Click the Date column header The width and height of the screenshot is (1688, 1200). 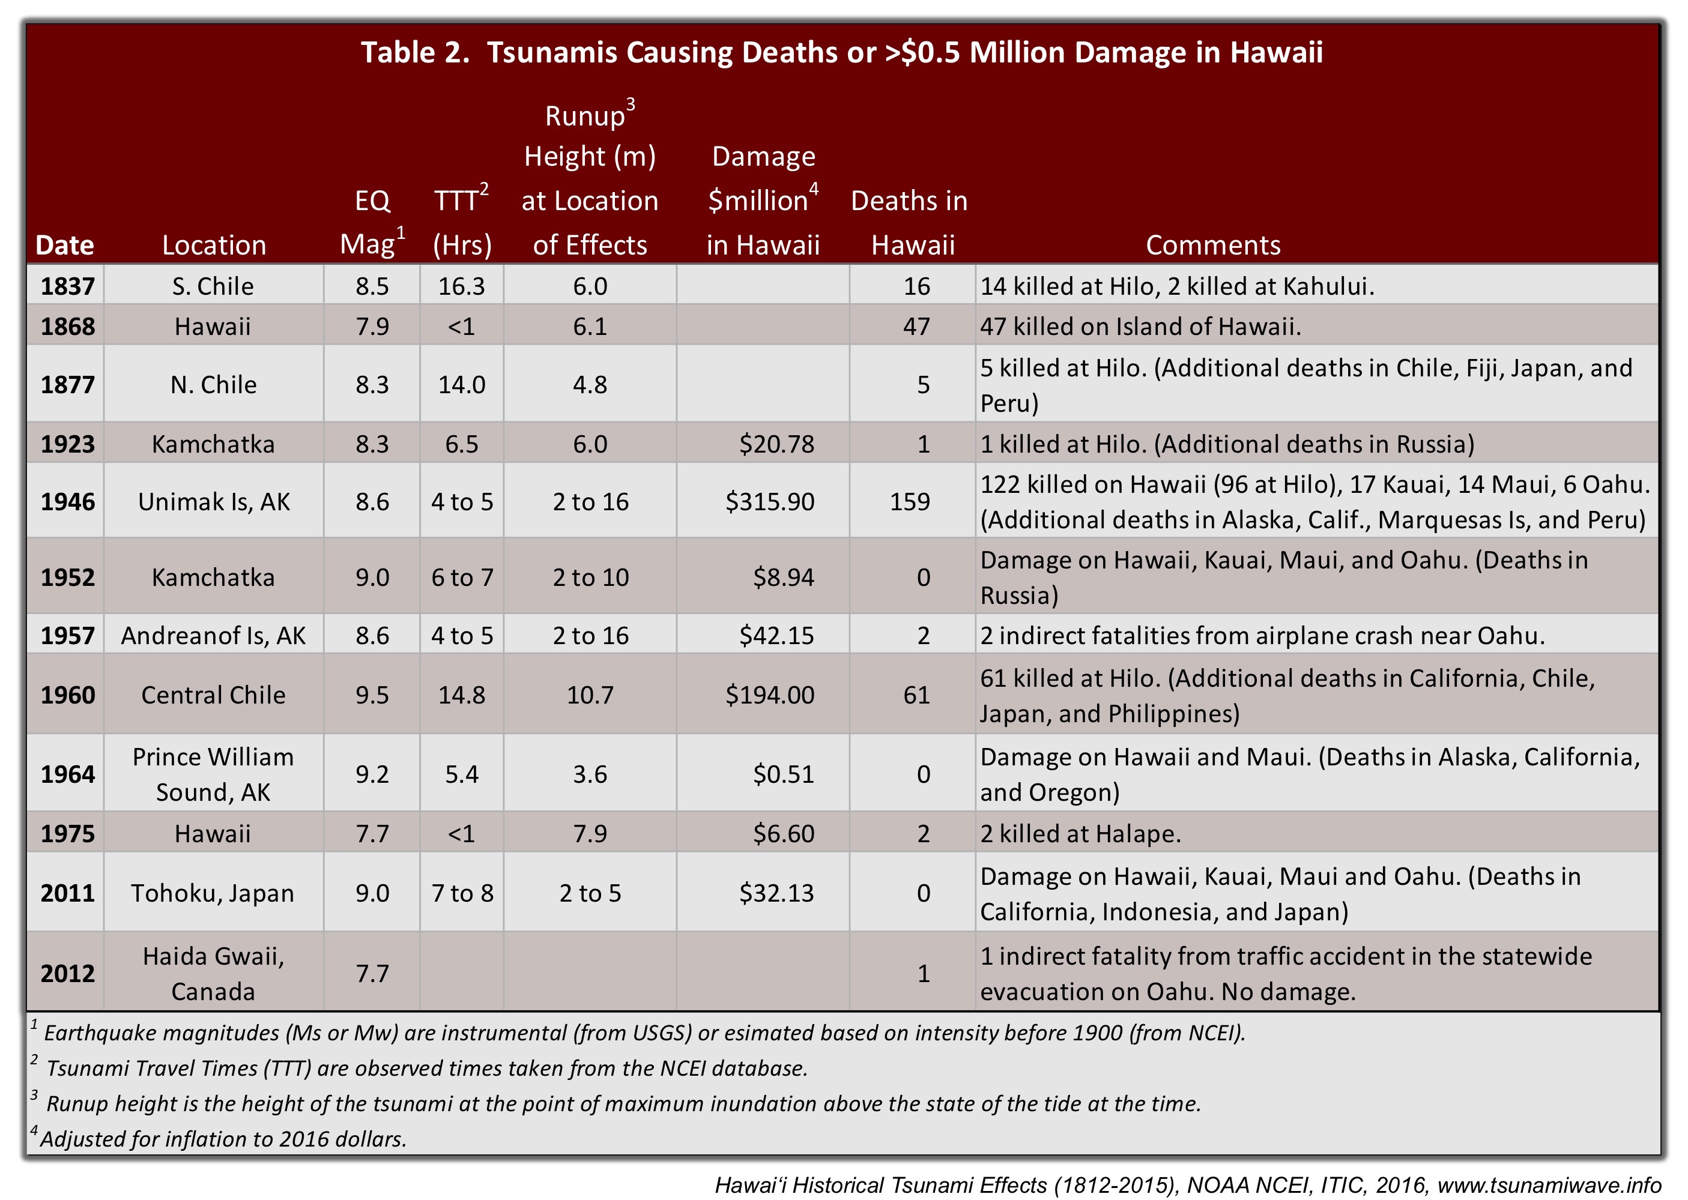pos(65,246)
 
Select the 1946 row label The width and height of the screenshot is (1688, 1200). pos(67,502)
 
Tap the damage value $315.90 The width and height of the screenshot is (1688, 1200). pos(769,502)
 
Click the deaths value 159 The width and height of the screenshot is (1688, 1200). pos(910,502)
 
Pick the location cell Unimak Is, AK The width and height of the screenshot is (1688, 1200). pos(214,502)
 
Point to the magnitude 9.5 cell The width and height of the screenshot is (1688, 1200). pos(372,695)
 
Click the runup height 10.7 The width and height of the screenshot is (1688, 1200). pos(590,695)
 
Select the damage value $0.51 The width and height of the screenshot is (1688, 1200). pos(784,774)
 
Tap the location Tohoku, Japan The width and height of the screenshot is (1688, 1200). pos(213,893)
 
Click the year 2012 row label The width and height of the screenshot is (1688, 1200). pos(67,973)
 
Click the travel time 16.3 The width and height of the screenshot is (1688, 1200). pos(461,286)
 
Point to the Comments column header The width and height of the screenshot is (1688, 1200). pos(1213,246)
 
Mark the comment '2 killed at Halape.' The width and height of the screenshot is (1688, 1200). pos(1080,833)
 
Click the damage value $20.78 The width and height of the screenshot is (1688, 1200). pos(777,444)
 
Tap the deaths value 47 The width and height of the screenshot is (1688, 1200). pos(916,327)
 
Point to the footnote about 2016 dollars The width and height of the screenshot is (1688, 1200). pos(222,1139)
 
